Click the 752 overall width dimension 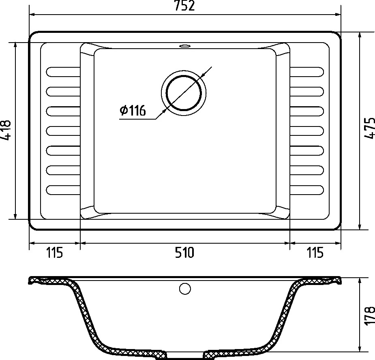click(184, 6)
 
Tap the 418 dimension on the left click(6, 130)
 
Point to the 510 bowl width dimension click(184, 253)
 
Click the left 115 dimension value click(55, 253)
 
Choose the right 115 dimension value click(315, 253)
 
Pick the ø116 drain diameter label click(133, 111)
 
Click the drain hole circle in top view click(184, 93)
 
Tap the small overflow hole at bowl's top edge click(184, 45)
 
